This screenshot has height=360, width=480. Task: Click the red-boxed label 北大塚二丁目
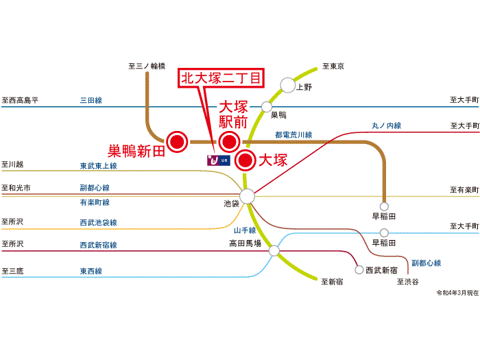[221, 78]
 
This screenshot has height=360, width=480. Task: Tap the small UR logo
[217, 160]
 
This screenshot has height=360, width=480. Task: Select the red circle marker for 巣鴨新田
[178, 141]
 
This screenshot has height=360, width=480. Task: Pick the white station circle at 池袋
[248, 196]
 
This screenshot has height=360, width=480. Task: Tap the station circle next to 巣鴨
[267, 106]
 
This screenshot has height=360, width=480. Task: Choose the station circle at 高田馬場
[274, 251]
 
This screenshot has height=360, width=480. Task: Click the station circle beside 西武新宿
[358, 270]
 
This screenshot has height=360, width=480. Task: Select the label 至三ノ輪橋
[147, 66]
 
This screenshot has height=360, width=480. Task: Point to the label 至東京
[333, 67]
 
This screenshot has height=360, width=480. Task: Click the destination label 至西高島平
[20, 100]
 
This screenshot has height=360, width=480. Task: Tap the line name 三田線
[91, 100]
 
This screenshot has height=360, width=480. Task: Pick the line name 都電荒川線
[293, 135]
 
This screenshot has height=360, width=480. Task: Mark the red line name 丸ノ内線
[386, 125]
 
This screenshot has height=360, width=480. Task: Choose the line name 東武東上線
[98, 166]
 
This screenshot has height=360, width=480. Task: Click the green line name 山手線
[245, 230]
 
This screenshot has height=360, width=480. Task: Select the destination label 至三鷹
[12, 271]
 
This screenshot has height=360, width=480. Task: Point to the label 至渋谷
[407, 281]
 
